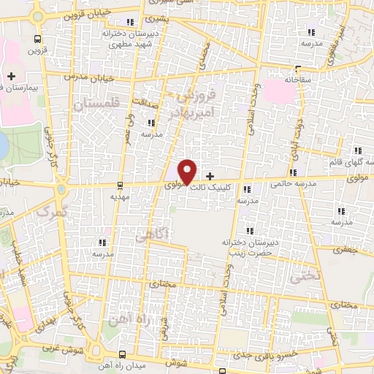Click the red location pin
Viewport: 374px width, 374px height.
click(188, 171)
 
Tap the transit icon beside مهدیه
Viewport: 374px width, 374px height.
click(121, 185)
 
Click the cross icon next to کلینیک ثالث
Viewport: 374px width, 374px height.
click(210, 176)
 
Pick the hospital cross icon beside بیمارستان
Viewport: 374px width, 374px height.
click(11, 76)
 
